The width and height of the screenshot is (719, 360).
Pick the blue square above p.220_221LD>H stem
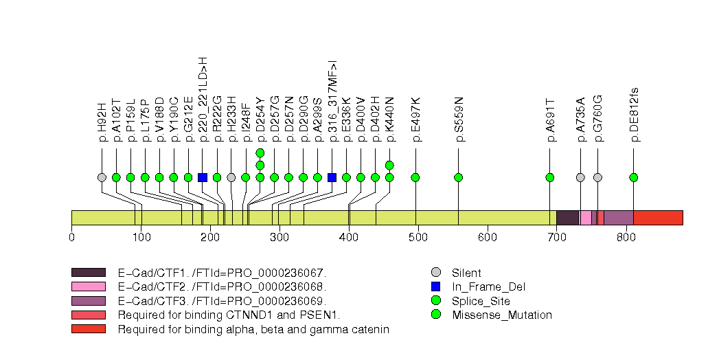pyautogui.click(x=203, y=177)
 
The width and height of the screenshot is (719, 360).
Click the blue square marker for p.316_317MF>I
pyautogui.click(x=332, y=177)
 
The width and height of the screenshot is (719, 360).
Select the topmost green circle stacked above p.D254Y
pyautogui.click(x=260, y=153)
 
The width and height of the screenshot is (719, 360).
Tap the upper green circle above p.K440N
pyautogui.click(x=389, y=165)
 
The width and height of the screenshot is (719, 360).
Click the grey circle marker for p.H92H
pyautogui.click(x=102, y=177)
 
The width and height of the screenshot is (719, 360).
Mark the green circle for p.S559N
pyautogui.click(x=459, y=177)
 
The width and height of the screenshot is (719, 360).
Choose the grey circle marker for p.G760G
pyautogui.click(x=597, y=177)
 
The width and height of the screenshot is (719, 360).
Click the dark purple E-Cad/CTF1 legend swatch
pyautogui.click(x=88, y=273)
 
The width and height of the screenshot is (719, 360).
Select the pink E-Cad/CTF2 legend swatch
pyautogui.click(x=88, y=286)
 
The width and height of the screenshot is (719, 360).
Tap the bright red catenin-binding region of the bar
pyautogui.click(x=658, y=218)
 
